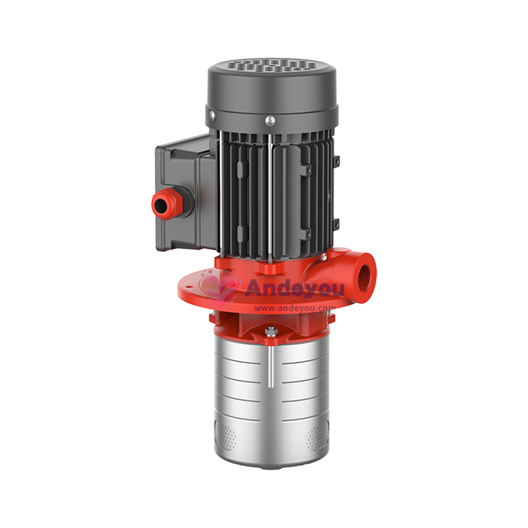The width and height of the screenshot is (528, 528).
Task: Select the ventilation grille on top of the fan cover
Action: pos(271,65)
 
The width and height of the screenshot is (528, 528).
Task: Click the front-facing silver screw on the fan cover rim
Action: pos(270,120)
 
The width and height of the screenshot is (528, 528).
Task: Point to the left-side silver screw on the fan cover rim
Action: pos(212,116)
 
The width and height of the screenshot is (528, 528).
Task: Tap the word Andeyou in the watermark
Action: pos(295,289)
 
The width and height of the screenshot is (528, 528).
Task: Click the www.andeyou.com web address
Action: pos(295,308)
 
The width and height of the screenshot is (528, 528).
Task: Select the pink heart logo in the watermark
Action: pos(219,289)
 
